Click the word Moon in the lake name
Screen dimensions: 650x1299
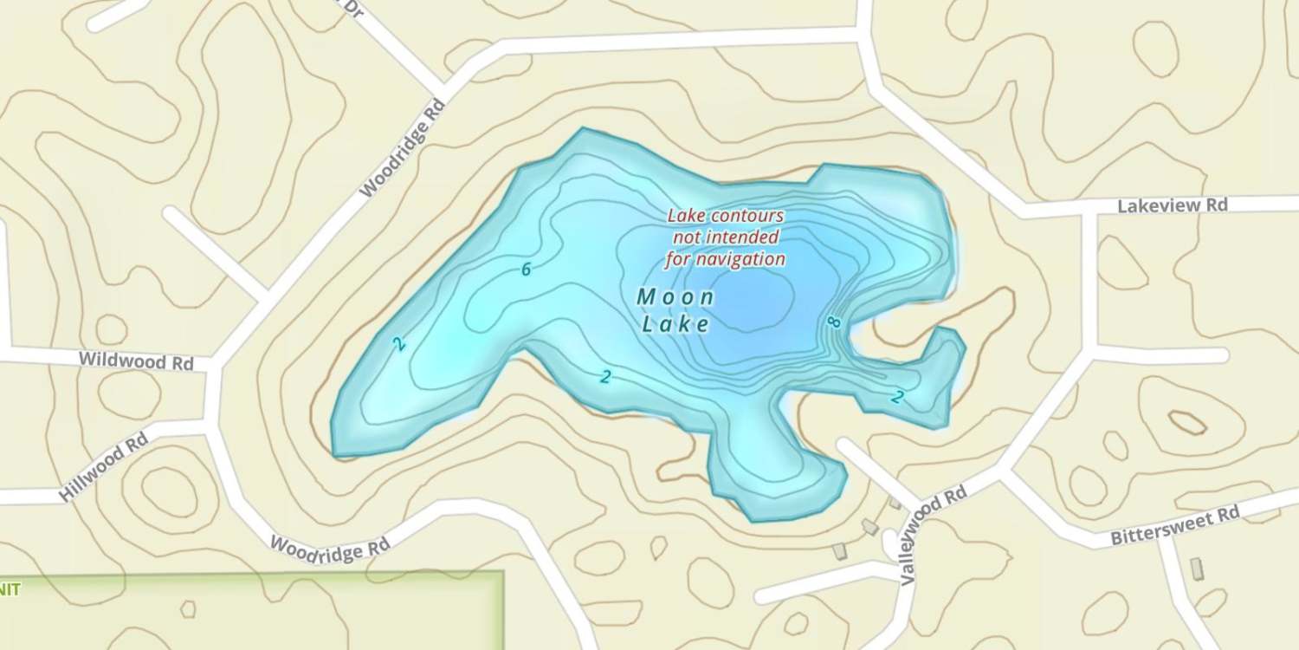pyautogui.click(x=675, y=297)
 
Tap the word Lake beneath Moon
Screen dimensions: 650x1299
pyautogui.click(x=675, y=325)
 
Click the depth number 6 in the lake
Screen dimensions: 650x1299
pyautogui.click(x=526, y=270)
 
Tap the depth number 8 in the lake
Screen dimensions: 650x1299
pyautogui.click(x=834, y=322)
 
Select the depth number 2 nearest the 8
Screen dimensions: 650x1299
pyautogui.click(x=898, y=397)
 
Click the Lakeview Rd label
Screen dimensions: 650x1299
pyautogui.click(x=1173, y=206)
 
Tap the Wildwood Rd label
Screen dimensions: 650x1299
pyautogui.click(x=136, y=360)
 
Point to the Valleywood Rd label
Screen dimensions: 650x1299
pyautogui.click(x=932, y=535)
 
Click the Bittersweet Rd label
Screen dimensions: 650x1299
pyautogui.click(x=1175, y=526)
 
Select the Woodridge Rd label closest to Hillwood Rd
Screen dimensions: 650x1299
pyautogui.click(x=330, y=548)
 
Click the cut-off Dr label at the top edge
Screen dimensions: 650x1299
pyautogui.click(x=351, y=7)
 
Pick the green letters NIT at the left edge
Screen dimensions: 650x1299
pyautogui.click(x=9, y=589)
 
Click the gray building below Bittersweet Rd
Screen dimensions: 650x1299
pyautogui.click(x=1197, y=569)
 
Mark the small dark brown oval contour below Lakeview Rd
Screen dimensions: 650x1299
pyautogui.click(x=1187, y=423)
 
